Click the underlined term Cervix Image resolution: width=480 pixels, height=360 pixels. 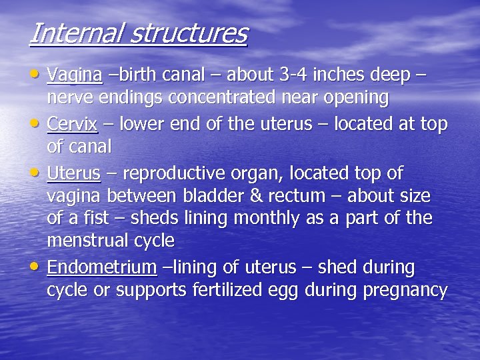(73, 125)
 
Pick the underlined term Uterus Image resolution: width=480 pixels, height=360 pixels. (73, 174)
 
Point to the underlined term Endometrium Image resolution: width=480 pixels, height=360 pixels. (102, 268)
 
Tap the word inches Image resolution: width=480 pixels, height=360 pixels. (327, 75)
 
